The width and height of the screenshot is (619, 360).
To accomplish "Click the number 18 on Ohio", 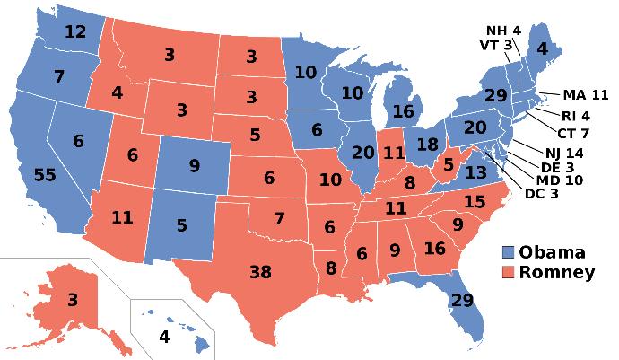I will coord(427,145).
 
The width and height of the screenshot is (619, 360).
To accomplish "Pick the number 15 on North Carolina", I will coord(475,202).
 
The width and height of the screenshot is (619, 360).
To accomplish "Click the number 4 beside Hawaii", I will coord(163,338).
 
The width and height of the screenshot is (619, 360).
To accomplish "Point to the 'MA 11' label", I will coord(586,93).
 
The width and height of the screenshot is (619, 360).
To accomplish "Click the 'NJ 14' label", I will coord(563,153).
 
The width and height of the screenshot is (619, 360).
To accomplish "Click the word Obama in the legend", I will coord(554,251).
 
